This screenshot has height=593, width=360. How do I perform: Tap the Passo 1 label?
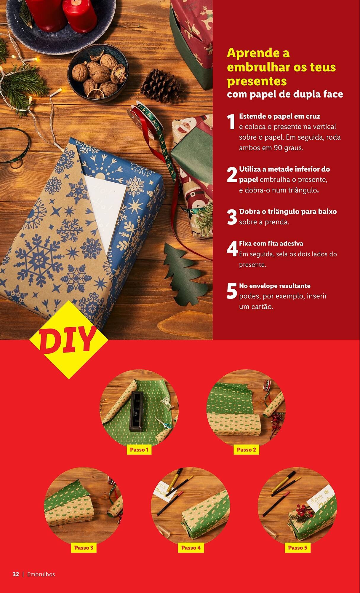[139, 449]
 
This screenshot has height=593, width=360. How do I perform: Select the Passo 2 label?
[246, 449]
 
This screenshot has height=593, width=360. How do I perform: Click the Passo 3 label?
[84, 548]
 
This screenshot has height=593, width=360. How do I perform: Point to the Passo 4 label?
[191, 548]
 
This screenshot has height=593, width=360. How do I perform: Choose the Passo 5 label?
[297, 548]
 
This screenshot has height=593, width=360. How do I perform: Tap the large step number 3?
[232, 217]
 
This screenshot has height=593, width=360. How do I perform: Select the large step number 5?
[232, 291]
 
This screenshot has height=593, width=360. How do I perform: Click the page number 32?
[16, 574]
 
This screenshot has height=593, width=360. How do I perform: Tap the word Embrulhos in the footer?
[41, 574]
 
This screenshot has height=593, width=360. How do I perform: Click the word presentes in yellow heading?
[257, 81]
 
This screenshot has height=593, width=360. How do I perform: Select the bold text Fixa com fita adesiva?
[271, 243]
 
